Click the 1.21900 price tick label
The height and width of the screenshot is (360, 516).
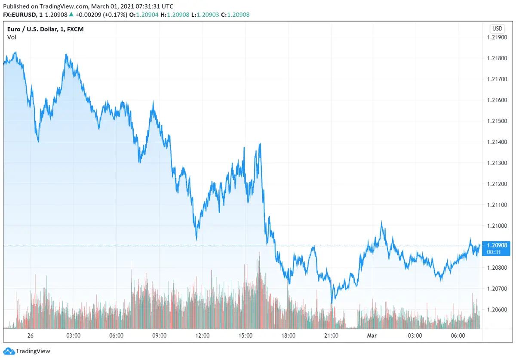(x=497, y=37)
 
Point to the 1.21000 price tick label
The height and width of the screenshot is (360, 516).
(x=497, y=226)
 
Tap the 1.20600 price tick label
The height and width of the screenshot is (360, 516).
(x=497, y=309)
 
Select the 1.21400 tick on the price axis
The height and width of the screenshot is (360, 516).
(x=497, y=142)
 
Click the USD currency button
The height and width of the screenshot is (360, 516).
(x=497, y=29)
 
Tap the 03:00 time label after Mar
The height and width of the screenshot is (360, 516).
(x=415, y=336)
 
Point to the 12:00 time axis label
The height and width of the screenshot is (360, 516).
(x=202, y=336)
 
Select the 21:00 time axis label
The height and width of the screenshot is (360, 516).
(x=331, y=336)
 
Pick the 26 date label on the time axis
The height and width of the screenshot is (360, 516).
(x=30, y=336)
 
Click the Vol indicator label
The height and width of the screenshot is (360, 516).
(x=12, y=37)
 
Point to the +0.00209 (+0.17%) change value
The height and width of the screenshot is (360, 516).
(x=101, y=15)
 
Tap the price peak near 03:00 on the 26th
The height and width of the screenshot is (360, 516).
(x=66, y=55)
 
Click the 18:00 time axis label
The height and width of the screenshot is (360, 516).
(x=288, y=336)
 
